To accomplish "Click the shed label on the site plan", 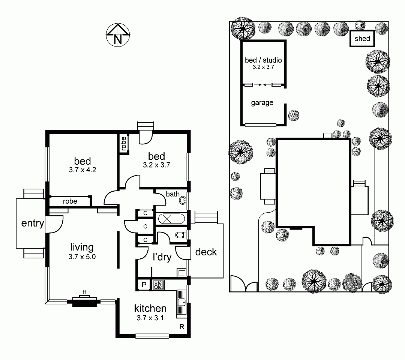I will click(362, 39).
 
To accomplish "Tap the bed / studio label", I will click(263, 60).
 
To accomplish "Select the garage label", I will click(262, 103).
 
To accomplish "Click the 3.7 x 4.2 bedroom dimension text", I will click(82, 169).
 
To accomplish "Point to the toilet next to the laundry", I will click(181, 235).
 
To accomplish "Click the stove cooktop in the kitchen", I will click(158, 285).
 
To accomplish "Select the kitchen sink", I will click(181, 303).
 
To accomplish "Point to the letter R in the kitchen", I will click(182, 327).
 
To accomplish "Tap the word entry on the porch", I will click(33, 223).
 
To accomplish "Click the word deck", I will click(206, 252).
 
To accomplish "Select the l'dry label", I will click(162, 257).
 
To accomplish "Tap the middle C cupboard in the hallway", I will click(145, 226).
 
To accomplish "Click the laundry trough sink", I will click(182, 273).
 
